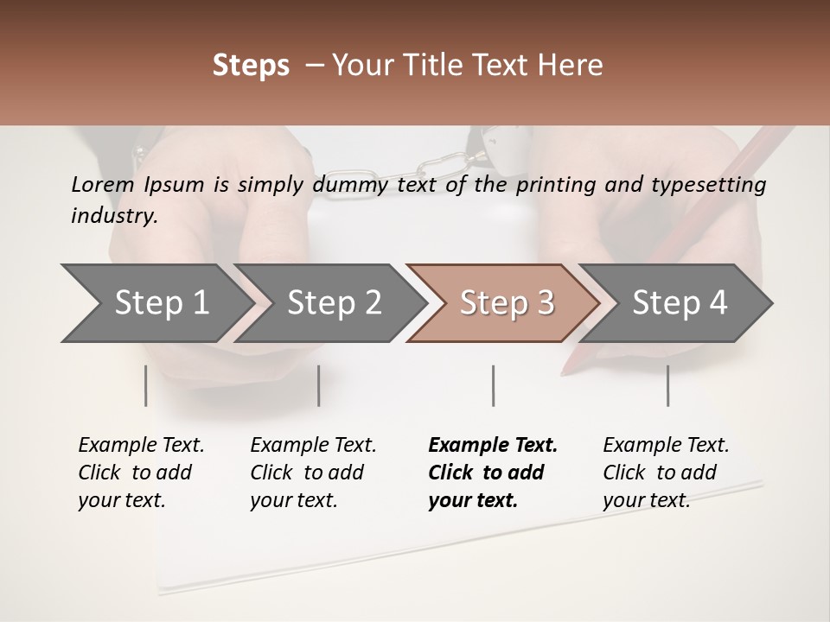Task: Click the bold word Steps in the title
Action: [251, 66]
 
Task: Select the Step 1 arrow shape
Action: [156, 302]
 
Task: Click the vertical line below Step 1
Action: [146, 385]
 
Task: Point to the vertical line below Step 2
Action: [319, 385]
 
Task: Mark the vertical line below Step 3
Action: [493, 385]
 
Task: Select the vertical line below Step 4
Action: [667, 385]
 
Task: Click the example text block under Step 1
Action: [140, 473]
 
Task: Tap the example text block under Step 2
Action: [312, 473]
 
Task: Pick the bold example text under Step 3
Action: [492, 473]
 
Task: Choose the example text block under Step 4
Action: [665, 473]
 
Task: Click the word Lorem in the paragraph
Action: [103, 185]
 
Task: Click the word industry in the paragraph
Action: [113, 216]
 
